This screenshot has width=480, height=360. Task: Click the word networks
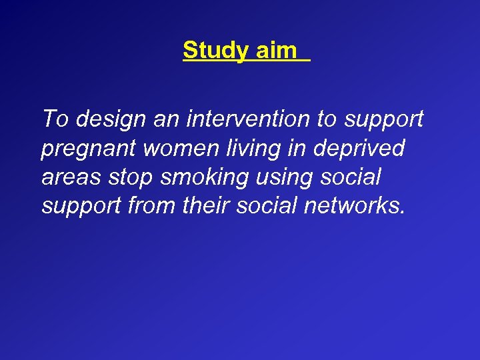[x=353, y=207]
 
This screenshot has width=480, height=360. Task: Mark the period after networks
[x=402, y=213]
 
